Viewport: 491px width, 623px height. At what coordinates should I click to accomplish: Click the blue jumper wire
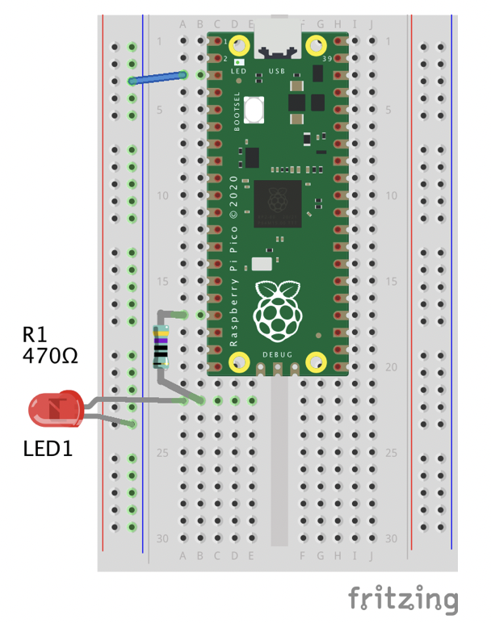pyautogui.click(x=166, y=77)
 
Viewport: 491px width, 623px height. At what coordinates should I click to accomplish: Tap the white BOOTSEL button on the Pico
pyautogui.click(x=254, y=111)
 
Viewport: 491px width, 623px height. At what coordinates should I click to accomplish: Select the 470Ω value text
pyautogui.click(x=50, y=356)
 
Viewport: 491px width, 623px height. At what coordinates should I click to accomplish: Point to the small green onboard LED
pyautogui.click(x=238, y=61)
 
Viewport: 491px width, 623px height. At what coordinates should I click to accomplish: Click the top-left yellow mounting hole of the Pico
pyautogui.click(x=239, y=45)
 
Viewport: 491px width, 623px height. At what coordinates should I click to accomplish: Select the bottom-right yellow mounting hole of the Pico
pyautogui.click(x=316, y=364)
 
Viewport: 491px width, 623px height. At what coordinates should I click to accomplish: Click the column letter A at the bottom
pyautogui.click(x=183, y=555)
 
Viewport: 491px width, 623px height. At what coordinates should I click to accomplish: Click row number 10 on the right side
pyautogui.click(x=390, y=195)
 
